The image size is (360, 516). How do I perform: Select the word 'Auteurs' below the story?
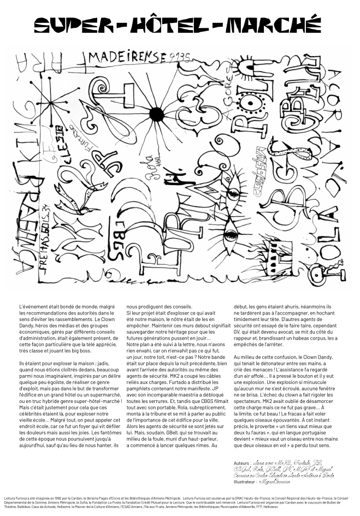point(242,462)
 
